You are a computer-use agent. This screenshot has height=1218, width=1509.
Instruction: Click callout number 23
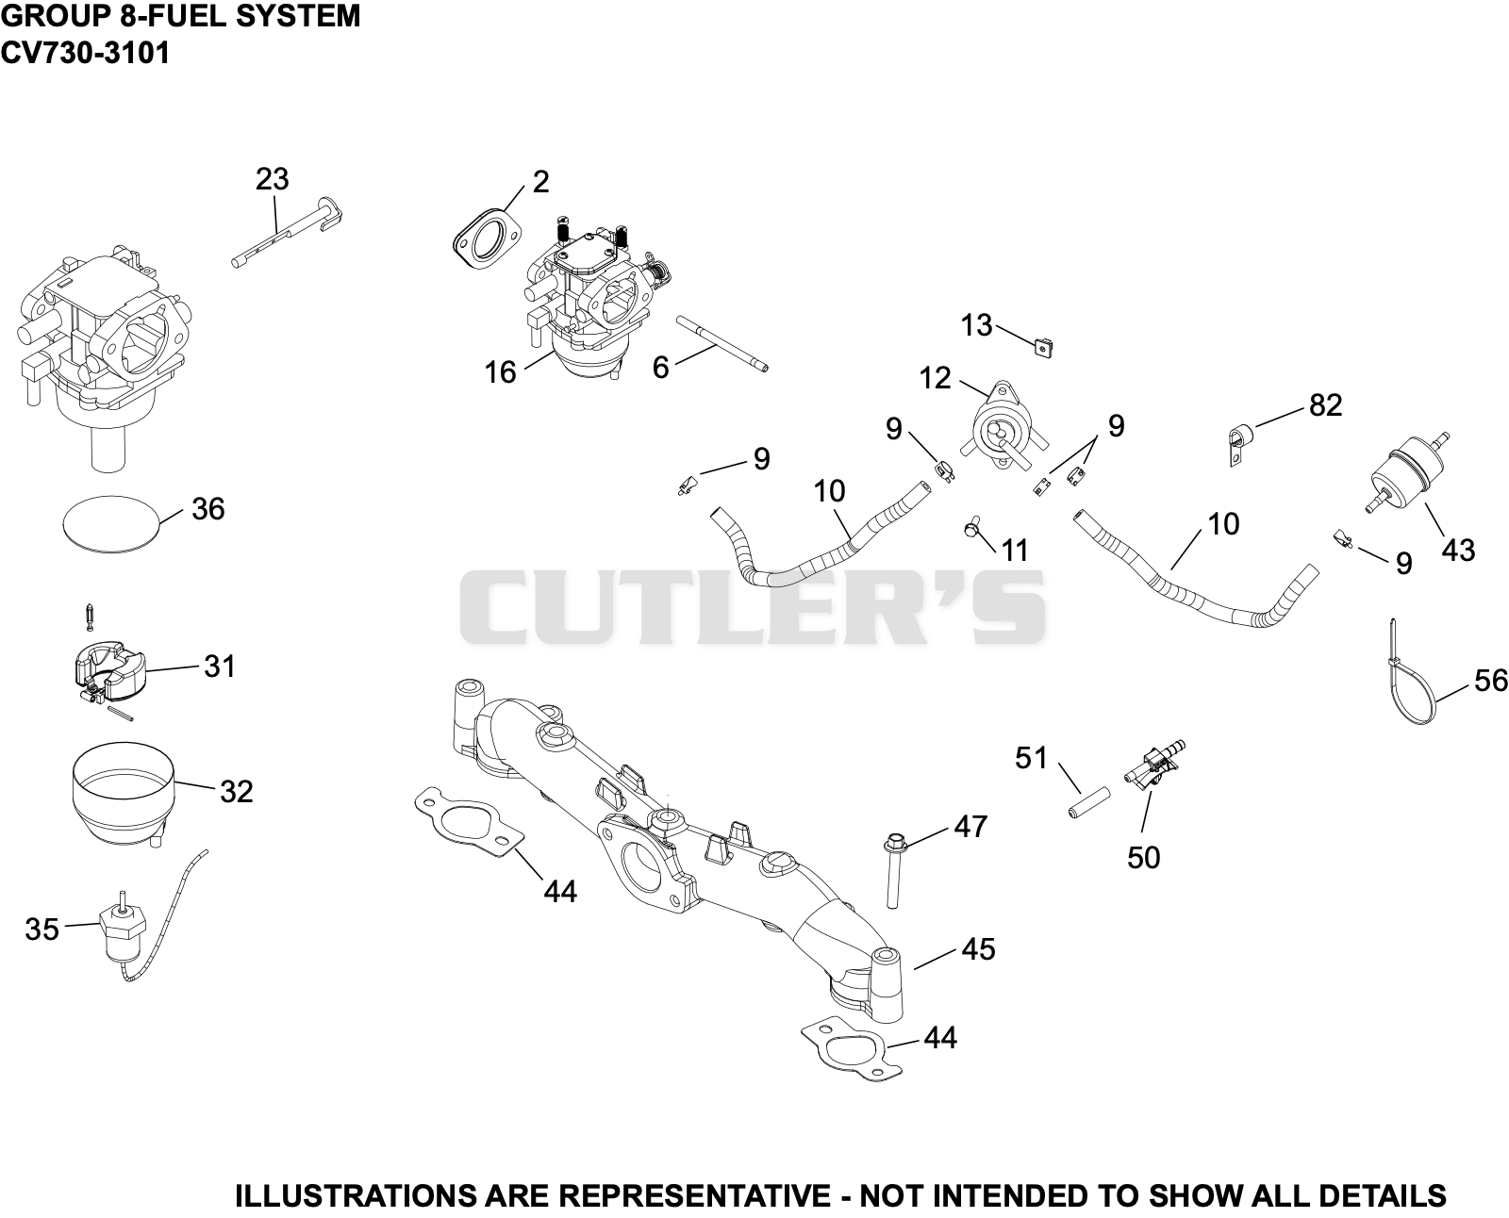(272, 180)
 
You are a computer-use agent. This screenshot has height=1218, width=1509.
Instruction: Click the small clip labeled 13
(1041, 348)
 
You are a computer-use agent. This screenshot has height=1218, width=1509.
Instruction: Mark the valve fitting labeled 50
(1154, 767)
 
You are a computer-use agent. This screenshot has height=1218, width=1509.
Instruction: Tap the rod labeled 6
(721, 343)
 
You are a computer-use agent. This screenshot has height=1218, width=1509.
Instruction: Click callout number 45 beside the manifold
(978, 950)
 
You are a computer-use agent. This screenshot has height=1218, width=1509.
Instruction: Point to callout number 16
(500, 373)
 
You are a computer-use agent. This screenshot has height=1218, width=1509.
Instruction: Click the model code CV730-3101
(85, 53)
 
